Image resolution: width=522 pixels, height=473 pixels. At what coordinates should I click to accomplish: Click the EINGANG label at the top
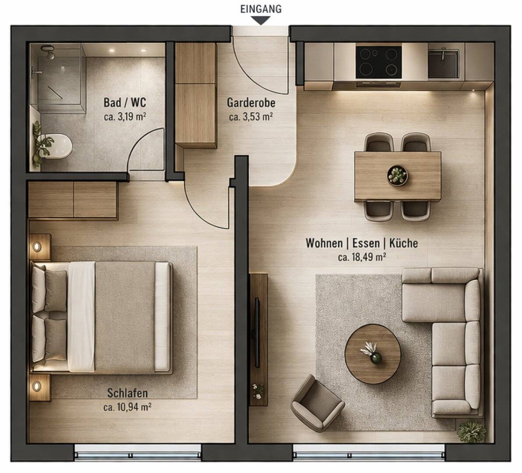click(260, 9)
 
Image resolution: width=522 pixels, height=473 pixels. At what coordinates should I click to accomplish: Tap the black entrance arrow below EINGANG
click(261, 20)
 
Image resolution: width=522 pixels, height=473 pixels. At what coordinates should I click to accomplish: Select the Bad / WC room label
click(125, 103)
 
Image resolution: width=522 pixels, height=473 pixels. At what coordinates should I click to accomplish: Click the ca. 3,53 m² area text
click(251, 117)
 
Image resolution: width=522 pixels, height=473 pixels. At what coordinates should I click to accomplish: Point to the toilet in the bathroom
click(60, 146)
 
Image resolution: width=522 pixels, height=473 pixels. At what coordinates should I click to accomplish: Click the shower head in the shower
click(50, 53)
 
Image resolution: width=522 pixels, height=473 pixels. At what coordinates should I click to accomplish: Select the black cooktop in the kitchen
click(378, 63)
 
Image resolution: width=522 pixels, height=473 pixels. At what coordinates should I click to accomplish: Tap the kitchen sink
click(444, 64)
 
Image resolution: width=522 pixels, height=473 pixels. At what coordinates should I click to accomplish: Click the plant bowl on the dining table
click(398, 176)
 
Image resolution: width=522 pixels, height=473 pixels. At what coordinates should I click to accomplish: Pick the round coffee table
click(373, 354)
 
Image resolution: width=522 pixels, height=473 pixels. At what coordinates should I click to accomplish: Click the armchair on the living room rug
click(317, 402)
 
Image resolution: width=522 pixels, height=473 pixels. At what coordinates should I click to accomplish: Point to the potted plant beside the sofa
click(472, 431)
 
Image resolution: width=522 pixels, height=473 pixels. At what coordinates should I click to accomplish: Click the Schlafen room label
click(127, 393)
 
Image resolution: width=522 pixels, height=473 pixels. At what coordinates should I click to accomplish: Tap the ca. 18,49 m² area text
click(362, 257)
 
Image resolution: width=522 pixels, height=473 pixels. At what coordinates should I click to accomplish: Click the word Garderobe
click(251, 103)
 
